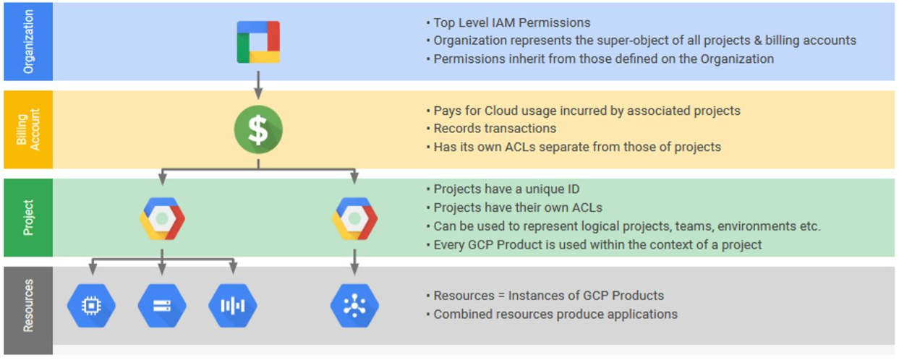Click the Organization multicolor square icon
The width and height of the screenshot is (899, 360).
tap(258, 42)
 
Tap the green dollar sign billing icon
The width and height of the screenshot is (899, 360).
tap(258, 129)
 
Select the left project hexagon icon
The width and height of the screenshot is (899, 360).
tap(162, 219)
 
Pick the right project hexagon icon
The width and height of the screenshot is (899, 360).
tap(355, 219)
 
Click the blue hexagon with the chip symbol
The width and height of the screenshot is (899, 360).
tap(92, 306)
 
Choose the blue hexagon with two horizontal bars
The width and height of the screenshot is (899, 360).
tap(162, 306)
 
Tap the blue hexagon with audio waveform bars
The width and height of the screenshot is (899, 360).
tap(233, 306)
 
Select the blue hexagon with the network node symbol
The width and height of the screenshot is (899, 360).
tap(355, 306)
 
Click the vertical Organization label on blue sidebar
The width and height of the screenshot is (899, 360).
tap(28, 42)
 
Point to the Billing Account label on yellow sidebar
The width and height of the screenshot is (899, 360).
tap(28, 129)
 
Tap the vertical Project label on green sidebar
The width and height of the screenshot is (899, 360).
tap(28, 218)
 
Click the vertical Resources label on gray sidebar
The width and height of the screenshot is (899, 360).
tap(28, 306)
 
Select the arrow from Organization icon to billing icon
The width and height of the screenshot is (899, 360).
tap(258, 85)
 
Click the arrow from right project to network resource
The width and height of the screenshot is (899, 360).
tap(354, 262)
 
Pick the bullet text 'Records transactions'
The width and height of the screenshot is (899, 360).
tap(495, 129)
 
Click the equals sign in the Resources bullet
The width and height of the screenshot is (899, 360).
tap(501, 296)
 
